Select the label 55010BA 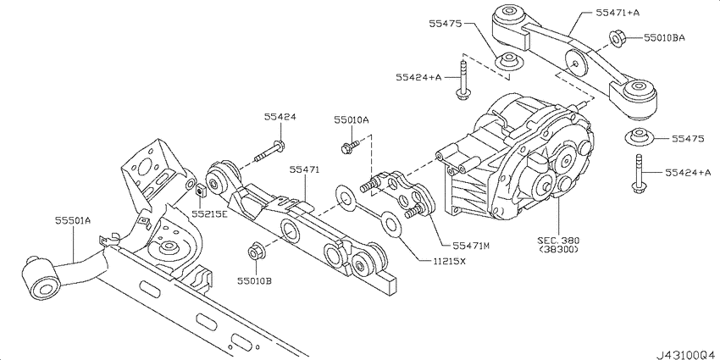[664, 38]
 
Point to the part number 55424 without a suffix [280, 119]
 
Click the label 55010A [351, 121]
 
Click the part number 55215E [208, 215]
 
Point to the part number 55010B [253, 279]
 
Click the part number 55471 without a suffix [304, 170]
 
